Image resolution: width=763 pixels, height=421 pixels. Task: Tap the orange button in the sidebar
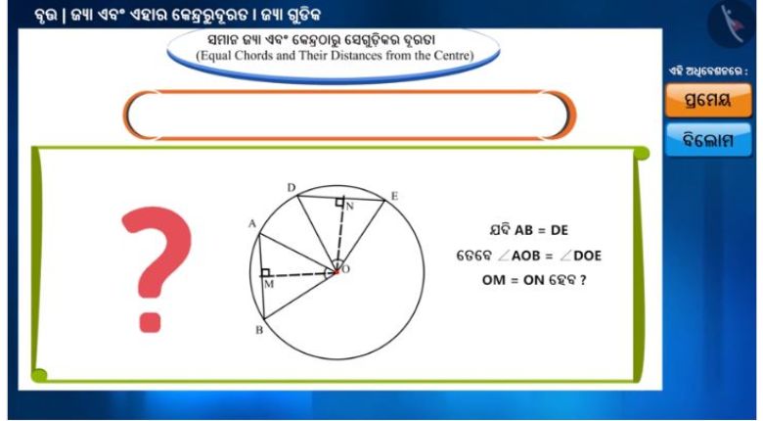[x=708, y=101]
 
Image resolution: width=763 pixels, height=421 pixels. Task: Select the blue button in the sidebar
[x=708, y=140]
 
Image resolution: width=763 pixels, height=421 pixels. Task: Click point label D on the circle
[x=292, y=188]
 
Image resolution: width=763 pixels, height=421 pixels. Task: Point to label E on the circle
[x=394, y=196]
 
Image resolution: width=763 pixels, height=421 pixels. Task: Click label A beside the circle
[x=252, y=223]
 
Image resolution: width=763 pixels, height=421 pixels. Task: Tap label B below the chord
[x=259, y=330]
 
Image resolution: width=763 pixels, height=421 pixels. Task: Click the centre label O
[x=346, y=269]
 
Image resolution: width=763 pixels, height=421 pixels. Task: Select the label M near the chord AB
[x=269, y=284]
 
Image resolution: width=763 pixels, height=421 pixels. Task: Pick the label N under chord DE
[x=350, y=207]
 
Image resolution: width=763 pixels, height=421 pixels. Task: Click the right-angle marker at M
[x=265, y=272]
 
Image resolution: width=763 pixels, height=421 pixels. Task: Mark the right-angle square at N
[x=339, y=202]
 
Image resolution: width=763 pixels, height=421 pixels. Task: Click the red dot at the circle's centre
[x=336, y=271]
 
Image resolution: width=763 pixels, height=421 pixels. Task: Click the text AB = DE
[x=542, y=230]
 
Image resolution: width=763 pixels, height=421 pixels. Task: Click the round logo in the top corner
[x=732, y=23]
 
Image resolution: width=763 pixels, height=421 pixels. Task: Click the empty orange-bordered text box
[x=349, y=115]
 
